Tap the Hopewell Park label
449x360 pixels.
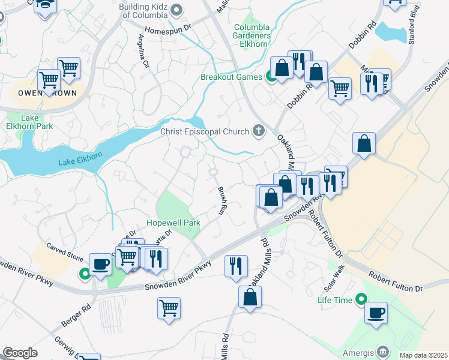tap(173, 223)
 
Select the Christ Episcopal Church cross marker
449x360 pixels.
tap(259, 131)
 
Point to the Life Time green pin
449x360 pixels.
tap(360, 298)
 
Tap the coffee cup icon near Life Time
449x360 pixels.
tap(376, 313)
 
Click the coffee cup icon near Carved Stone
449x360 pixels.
tap(100, 264)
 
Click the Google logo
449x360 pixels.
tap(19, 353)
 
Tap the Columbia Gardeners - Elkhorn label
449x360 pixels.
tap(252, 35)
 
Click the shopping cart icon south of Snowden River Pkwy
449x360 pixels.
tap(169, 307)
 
